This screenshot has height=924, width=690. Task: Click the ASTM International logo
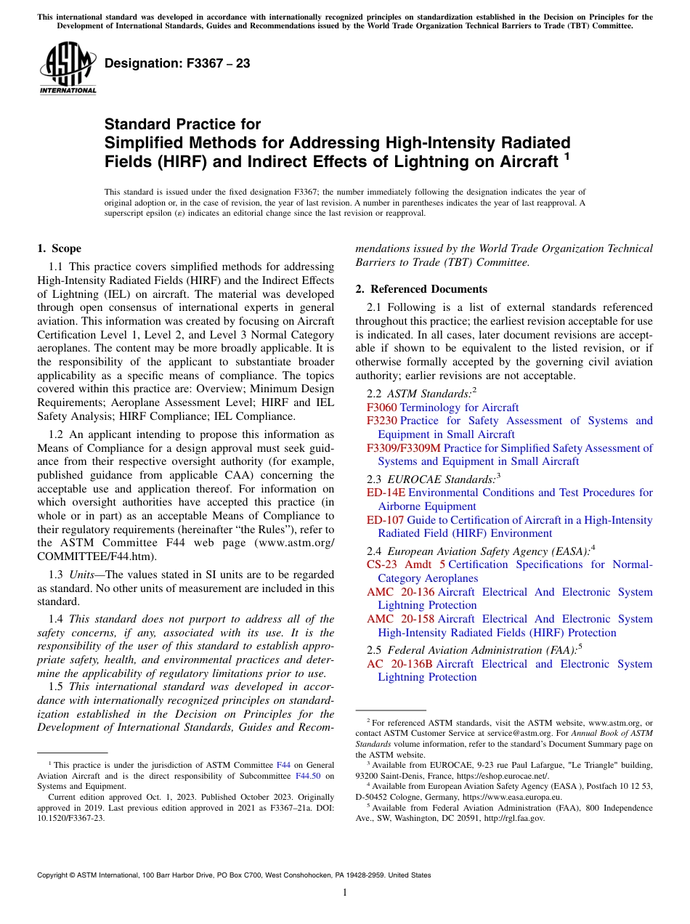68,69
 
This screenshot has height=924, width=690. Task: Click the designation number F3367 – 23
177,64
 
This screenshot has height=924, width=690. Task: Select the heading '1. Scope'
59,248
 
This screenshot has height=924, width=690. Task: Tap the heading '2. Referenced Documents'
421,289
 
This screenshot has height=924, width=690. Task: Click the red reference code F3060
381,408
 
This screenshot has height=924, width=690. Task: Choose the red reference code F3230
381,421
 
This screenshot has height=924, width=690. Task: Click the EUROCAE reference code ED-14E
386,493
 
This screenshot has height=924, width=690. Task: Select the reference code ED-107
385,520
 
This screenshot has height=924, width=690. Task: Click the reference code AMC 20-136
400,592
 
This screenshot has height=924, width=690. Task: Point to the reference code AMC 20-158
400,619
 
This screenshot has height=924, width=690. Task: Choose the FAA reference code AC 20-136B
399,664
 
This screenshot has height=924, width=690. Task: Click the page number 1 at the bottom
345,893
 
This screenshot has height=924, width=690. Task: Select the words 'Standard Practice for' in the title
182,124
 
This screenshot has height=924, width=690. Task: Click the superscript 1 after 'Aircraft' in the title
567,156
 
